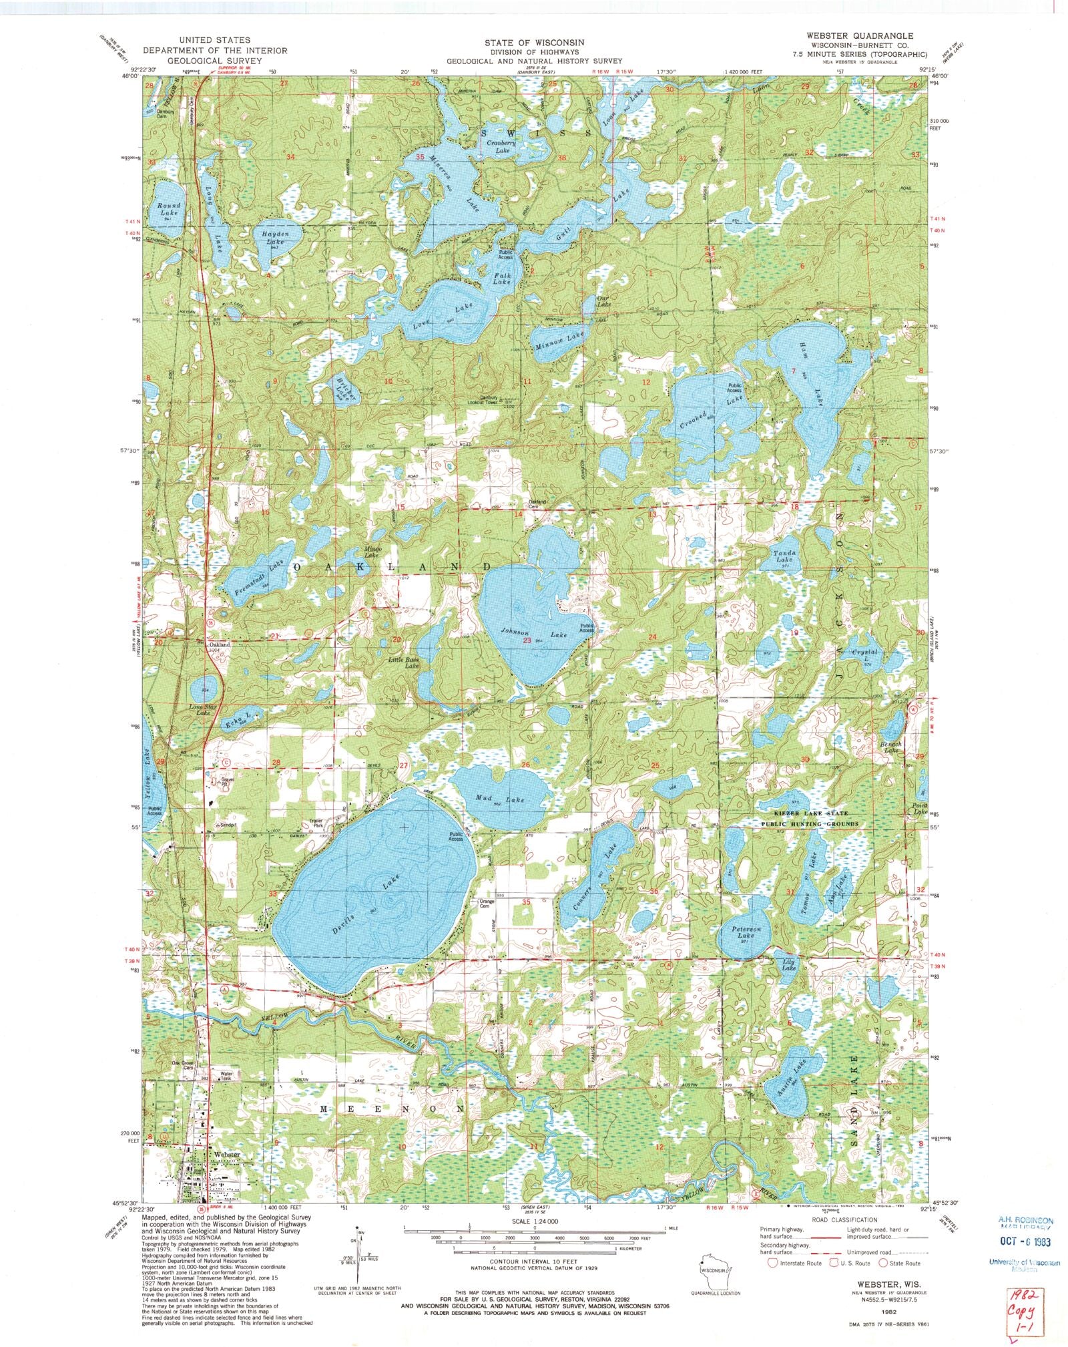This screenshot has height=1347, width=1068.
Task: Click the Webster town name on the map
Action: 227,1154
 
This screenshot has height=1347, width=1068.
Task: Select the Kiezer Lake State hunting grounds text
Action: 802,818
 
